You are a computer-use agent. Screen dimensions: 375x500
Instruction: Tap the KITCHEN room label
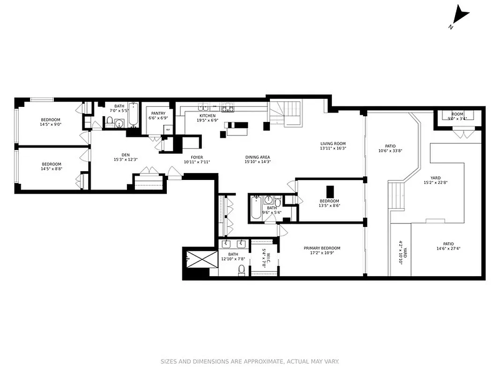(x=208, y=116)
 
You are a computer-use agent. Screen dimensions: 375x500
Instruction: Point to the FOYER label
(x=197, y=157)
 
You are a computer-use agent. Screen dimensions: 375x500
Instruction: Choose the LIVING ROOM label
(x=333, y=144)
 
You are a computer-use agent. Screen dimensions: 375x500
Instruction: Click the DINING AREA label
(x=258, y=157)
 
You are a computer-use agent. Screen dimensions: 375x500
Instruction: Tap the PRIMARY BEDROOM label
(x=322, y=248)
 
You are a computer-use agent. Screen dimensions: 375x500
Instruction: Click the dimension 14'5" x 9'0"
(x=51, y=124)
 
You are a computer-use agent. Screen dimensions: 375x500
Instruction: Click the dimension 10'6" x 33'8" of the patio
(x=391, y=151)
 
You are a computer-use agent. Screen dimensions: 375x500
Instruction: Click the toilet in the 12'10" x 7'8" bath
(x=242, y=270)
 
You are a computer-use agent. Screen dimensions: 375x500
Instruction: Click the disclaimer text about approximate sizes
(x=250, y=361)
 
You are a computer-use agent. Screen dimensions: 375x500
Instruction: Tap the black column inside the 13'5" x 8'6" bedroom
(x=330, y=192)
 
